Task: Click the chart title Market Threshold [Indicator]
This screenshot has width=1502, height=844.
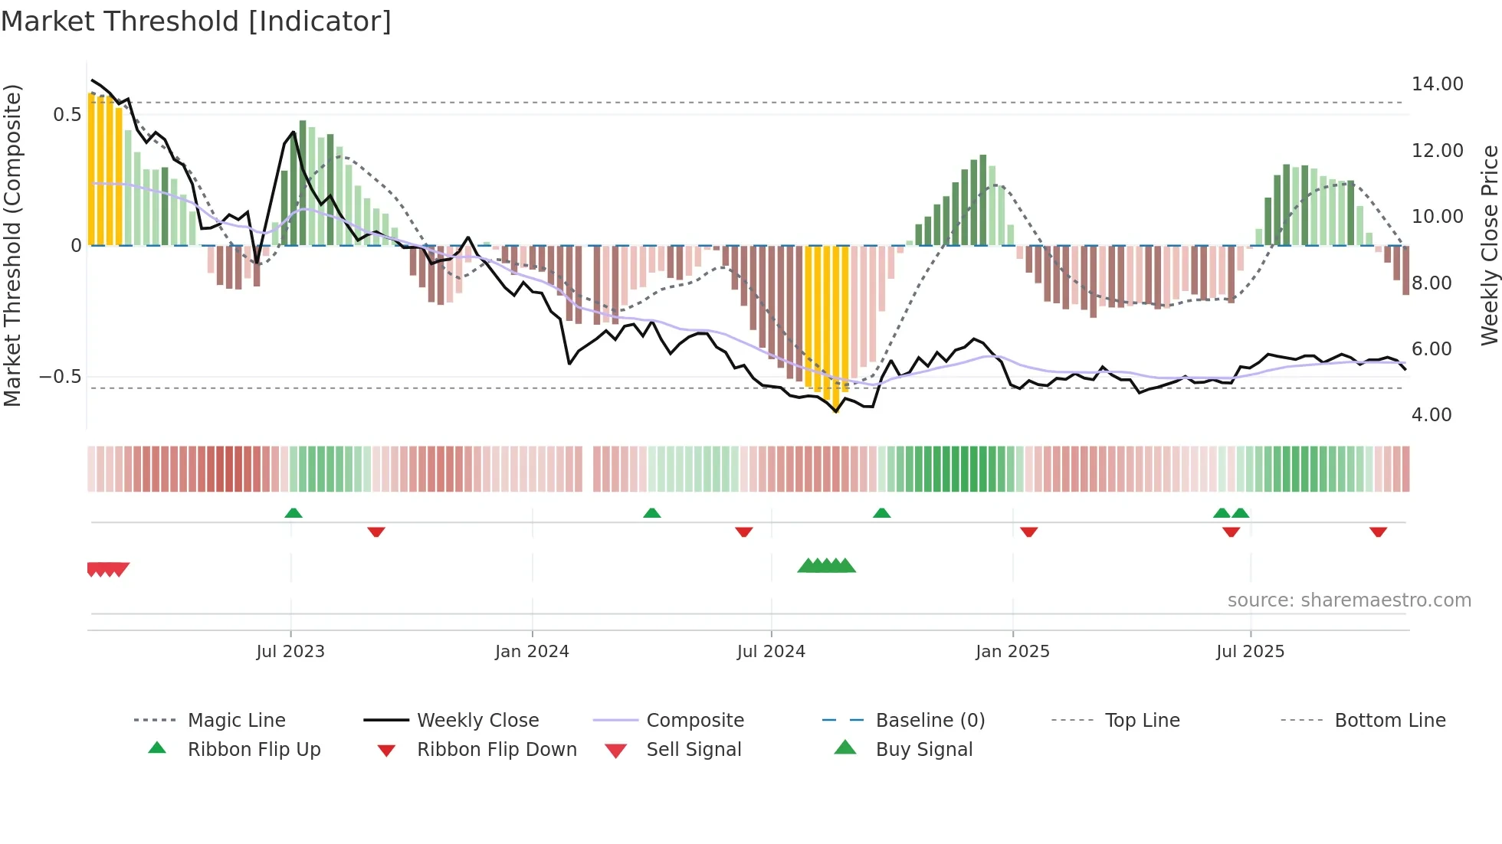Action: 196,21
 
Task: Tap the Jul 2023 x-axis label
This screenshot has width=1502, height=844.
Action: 290,652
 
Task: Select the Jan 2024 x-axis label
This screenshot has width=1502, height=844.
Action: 532,652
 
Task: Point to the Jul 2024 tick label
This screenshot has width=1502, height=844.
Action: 771,652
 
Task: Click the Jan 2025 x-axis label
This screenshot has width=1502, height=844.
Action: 1012,652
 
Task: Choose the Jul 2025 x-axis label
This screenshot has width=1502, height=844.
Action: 1250,652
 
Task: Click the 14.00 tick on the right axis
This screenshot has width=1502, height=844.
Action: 1437,84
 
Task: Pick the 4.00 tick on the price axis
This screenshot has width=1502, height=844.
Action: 1431,415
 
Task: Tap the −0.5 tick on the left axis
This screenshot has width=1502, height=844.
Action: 61,377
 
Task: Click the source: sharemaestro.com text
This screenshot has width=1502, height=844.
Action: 1349,600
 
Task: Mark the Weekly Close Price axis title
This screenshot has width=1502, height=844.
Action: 1489,245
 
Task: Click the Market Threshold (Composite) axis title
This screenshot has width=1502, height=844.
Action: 12,245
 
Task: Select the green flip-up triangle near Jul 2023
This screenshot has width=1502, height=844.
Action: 294,513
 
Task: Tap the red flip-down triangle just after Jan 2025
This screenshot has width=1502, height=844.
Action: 1028,532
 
